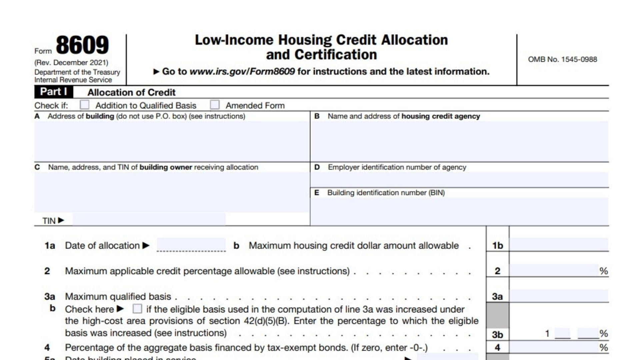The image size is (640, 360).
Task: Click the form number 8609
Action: (82, 45)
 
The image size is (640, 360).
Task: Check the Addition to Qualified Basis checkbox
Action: (85, 105)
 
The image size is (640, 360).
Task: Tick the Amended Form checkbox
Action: (215, 105)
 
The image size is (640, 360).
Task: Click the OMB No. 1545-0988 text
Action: (562, 59)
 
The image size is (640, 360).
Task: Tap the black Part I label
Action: (54, 92)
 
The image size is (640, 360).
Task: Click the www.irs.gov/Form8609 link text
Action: (242, 72)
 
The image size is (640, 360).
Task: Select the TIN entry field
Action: (149, 220)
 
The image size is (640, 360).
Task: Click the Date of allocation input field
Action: (191, 245)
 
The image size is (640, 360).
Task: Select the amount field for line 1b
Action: (559, 245)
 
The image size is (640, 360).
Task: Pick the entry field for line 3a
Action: (559, 296)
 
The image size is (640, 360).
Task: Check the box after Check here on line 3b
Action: (137, 309)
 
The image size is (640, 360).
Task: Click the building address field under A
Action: (172, 141)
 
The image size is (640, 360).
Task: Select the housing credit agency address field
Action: (459, 141)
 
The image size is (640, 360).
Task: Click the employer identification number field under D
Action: (459, 180)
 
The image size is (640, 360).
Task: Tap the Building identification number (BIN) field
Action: (459, 211)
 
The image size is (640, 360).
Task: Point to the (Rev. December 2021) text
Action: (71, 63)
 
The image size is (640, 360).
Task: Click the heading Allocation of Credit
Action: (131, 92)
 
